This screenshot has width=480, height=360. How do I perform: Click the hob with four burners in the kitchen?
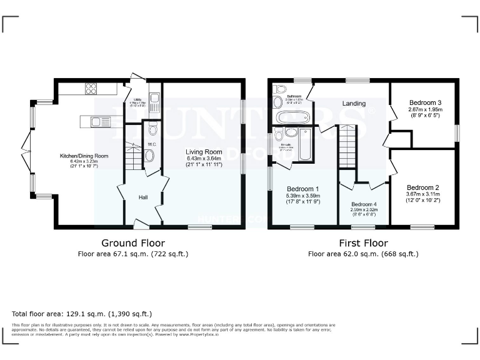[x=91, y=88]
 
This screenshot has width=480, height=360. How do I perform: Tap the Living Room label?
[x=204, y=152]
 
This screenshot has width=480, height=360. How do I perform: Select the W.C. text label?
[x=151, y=144]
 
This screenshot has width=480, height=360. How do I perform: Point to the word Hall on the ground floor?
[x=143, y=197]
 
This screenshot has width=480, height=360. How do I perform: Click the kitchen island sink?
[x=99, y=122]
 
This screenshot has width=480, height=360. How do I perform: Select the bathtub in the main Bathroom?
[x=292, y=117]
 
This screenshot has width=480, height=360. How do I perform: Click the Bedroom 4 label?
[x=364, y=204]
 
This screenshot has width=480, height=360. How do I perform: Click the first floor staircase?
[x=347, y=146]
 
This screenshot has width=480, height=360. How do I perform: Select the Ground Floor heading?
[x=132, y=243]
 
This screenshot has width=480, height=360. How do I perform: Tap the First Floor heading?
[x=362, y=243]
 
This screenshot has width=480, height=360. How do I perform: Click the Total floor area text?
[x=82, y=313]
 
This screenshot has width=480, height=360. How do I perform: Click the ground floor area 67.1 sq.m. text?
[x=132, y=254]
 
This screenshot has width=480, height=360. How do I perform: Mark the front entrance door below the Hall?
[x=142, y=224]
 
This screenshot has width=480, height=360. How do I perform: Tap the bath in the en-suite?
[x=306, y=144]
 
